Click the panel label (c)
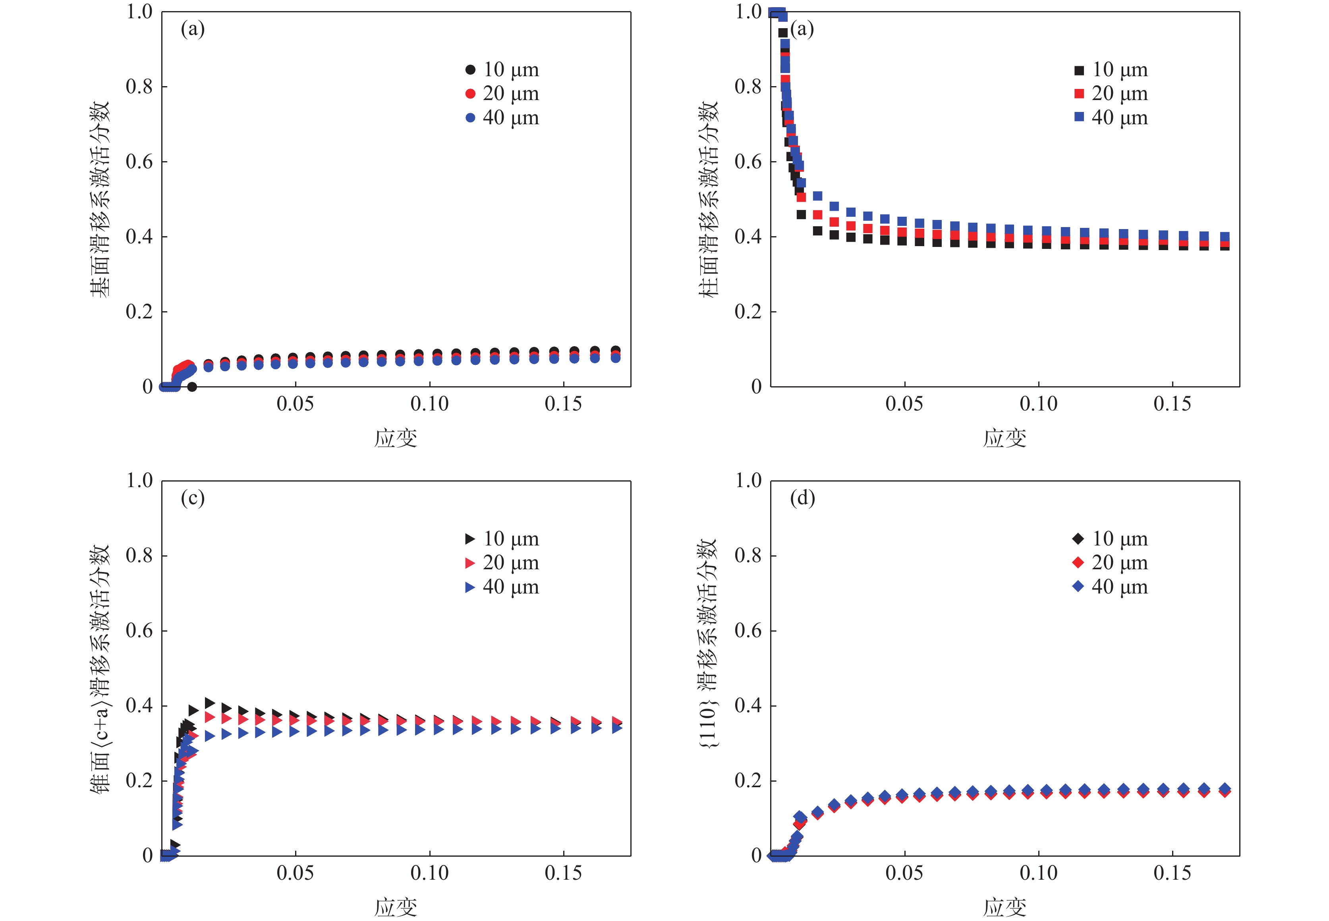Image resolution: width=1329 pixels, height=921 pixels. point(192,498)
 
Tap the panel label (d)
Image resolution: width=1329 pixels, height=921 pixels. point(802,498)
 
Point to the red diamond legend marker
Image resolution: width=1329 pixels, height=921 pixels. point(1078,563)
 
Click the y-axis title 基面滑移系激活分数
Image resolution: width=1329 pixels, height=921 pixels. point(100,199)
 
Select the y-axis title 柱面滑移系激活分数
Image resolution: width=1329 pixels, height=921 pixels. point(708,199)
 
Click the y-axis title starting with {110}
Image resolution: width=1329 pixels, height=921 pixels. point(708,644)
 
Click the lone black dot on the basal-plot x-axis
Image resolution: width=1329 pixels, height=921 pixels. point(192,387)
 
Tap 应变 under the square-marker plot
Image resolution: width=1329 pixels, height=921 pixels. point(1004,439)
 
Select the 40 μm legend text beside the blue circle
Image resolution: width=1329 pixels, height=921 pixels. point(511,118)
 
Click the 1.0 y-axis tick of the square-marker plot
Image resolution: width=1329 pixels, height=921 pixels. point(748,12)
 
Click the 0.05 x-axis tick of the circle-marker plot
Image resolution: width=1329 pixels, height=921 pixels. point(295,404)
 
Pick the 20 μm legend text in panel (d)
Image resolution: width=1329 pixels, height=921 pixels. point(1119,563)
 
